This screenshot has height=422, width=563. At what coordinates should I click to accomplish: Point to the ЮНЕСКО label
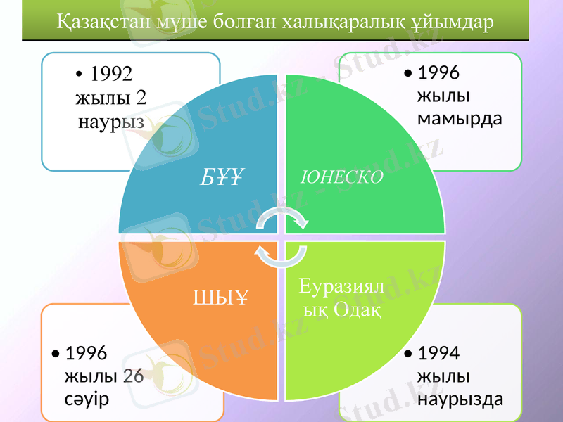pos(342,177)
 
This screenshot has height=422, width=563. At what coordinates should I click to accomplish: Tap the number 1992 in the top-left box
pos(113,75)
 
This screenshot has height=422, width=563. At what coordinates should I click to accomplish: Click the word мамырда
pos(460,117)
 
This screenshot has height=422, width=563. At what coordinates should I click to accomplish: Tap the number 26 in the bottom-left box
pos(133,376)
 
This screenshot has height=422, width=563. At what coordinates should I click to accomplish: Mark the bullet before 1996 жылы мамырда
pos(408,73)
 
